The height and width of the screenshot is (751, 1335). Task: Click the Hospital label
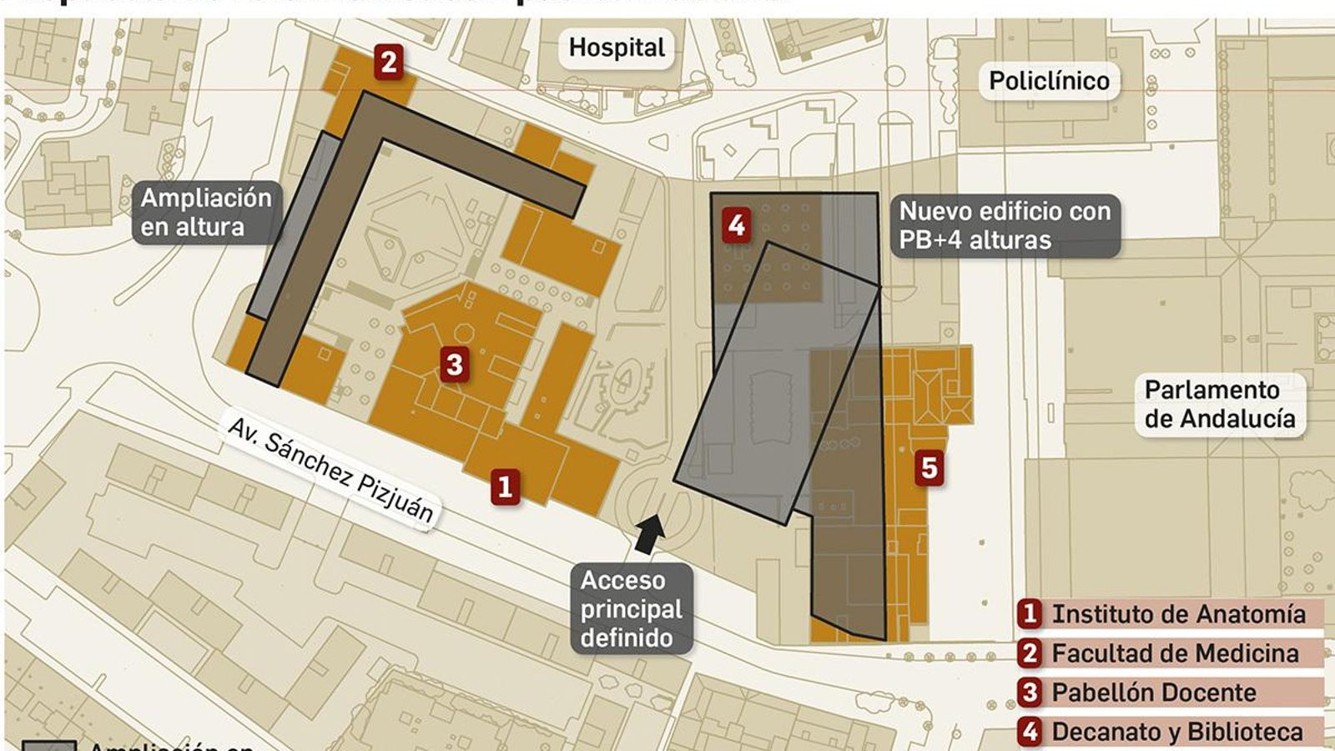pos(617,48)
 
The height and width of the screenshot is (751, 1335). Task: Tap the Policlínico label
pos(1049,81)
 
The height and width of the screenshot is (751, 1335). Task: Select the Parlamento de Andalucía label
pos(1219,404)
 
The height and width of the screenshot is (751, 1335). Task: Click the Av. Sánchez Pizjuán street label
pos(330,470)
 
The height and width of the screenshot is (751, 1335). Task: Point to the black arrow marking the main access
pos(648,533)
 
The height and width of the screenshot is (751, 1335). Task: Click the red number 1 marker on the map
pos(504,486)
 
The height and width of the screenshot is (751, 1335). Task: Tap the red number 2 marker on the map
pos(388,61)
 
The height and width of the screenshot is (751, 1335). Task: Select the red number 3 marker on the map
pos(454,364)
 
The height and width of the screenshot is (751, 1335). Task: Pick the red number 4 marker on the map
pos(736,224)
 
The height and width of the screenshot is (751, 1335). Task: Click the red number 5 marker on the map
pos(929,467)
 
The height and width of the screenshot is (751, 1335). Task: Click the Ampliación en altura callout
pos(205,212)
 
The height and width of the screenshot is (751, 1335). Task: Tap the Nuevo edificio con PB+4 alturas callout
pos(1005,225)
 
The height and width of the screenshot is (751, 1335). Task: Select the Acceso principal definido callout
pos(631,609)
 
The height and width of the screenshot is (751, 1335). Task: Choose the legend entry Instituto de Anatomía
pos(1178,614)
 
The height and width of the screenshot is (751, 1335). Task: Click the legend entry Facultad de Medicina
pos(1175,653)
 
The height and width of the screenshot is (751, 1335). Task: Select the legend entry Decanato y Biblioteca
pos(1176,732)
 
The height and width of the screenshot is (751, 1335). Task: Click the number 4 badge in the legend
pos(1030,732)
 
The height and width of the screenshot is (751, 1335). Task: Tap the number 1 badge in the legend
pos(1030,614)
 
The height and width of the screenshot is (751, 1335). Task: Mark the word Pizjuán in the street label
pos(396,498)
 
